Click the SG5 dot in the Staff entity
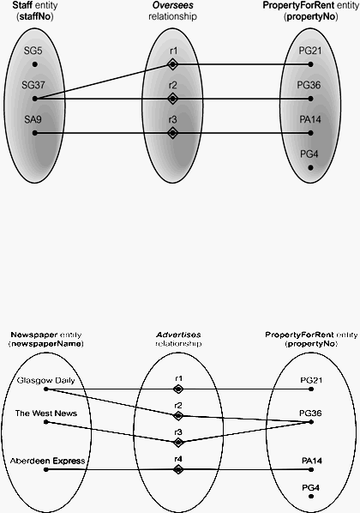point(35,64)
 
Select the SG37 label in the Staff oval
point(33,85)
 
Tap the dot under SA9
point(35,133)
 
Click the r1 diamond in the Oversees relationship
point(172,64)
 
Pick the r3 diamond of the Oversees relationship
point(172,133)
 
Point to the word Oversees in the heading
point(173,5)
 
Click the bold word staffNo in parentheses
point(35,16)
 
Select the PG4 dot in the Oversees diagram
point(310,167)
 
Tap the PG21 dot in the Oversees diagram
point(310,64)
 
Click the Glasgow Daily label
point(45,381)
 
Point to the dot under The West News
point(46,422)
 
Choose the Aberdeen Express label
point(47,461)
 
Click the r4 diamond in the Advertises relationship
point(178,469)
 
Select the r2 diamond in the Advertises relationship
point(178,416)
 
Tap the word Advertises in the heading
point(178,335)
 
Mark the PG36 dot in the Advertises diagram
point(311,422)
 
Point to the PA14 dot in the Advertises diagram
point(311,469)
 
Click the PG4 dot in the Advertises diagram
point(311,497)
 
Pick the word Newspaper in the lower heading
point(30,335)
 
